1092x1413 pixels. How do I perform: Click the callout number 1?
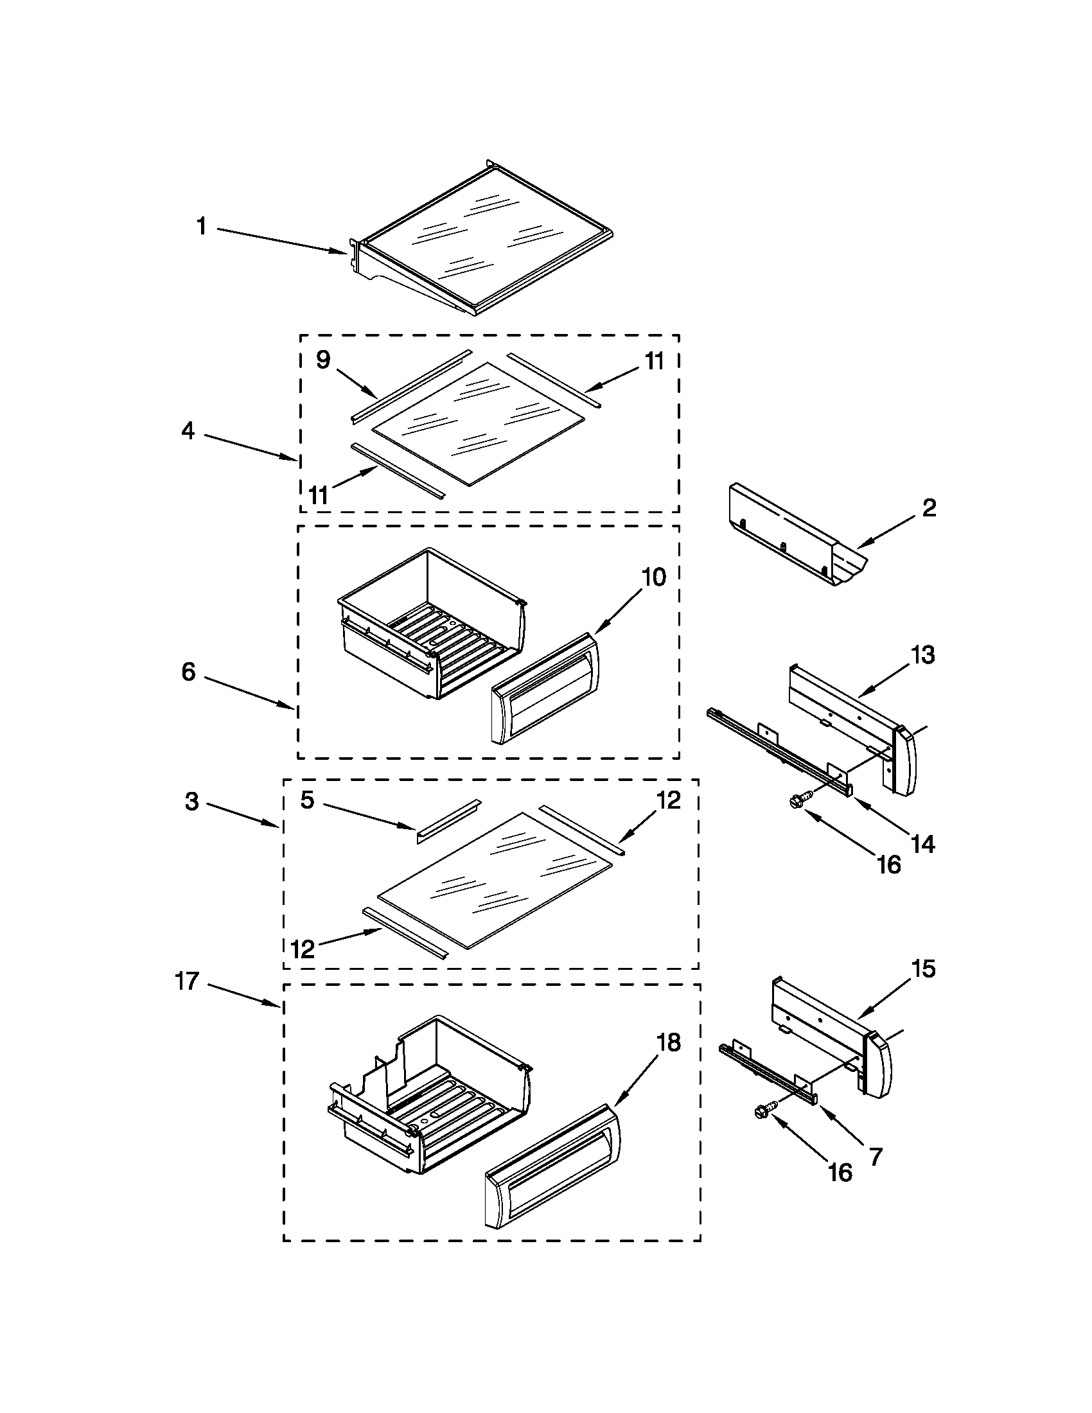pos(202,227)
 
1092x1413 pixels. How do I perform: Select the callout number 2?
pos(929,508)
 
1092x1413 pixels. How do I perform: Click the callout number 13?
pos(923,655)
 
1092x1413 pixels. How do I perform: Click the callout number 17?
pos(187,981)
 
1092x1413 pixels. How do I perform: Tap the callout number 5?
pos(308,800)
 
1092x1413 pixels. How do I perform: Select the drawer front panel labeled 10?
pos(545,689)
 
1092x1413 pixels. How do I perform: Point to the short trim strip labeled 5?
pos(448,821)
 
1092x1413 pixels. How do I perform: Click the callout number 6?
pos(188,672)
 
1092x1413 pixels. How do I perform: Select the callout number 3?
pos(192,802)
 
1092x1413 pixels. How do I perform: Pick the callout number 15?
pos(923,969)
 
